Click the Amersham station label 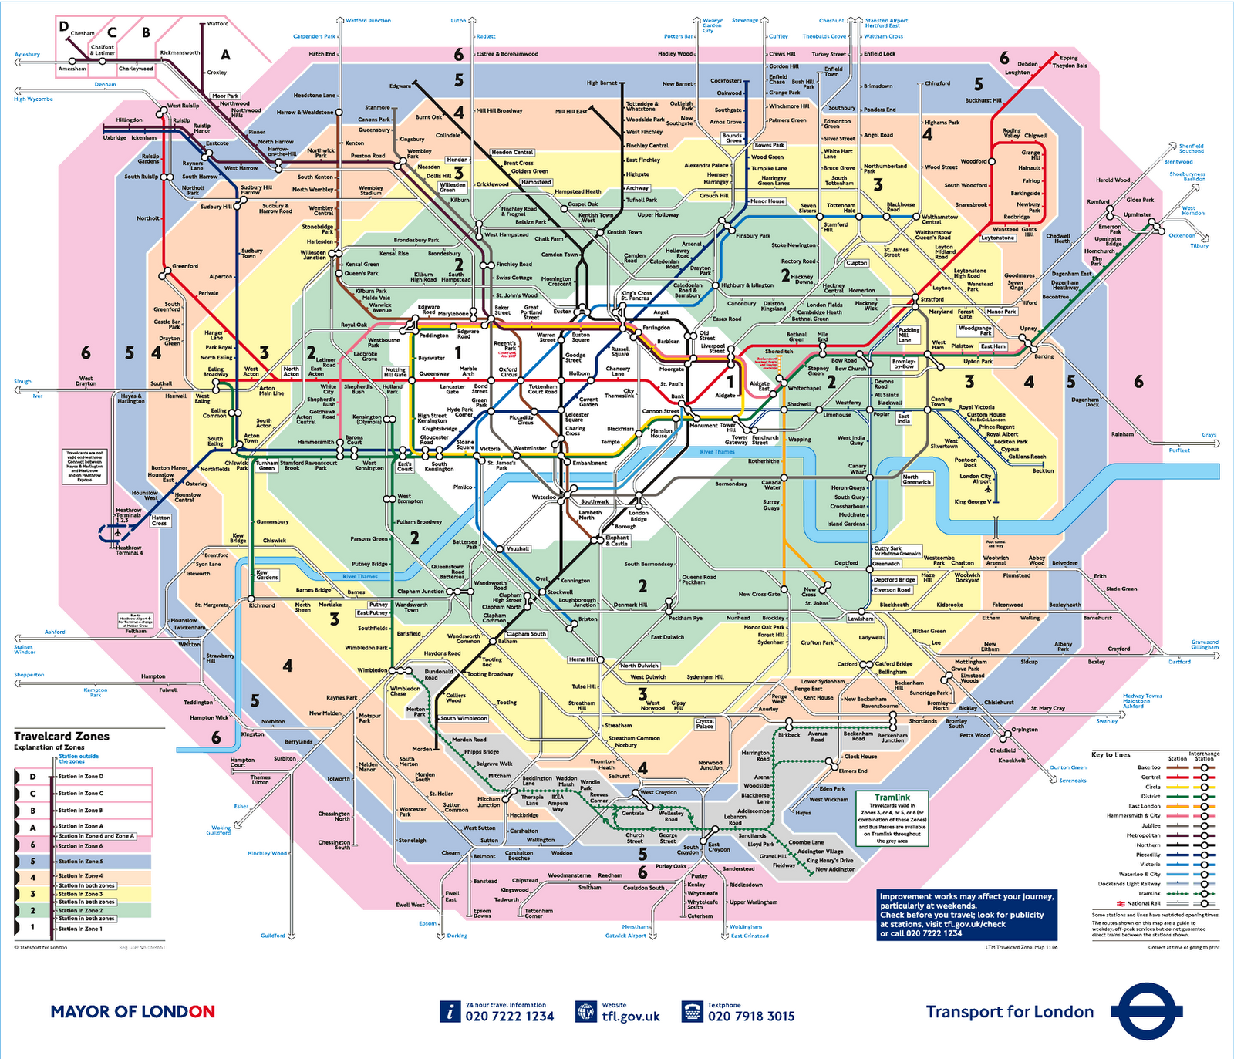[72, 69]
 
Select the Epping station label [1068, 58]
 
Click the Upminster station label [1137, 214]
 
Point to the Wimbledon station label [372, 670]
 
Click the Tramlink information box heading [892, 798]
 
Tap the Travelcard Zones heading [62, 737]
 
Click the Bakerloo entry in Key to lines [1148, 767]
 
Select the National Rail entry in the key [1143, 903]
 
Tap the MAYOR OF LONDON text [133, 1012]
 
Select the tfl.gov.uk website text [630, 1017]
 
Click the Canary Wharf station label [857, 469]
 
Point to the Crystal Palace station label [704, 724]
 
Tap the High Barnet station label [602, 83]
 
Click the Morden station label [422, 749]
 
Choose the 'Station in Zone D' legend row [80, 777]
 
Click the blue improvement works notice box [965, 915]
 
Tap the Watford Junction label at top [368, 21]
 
